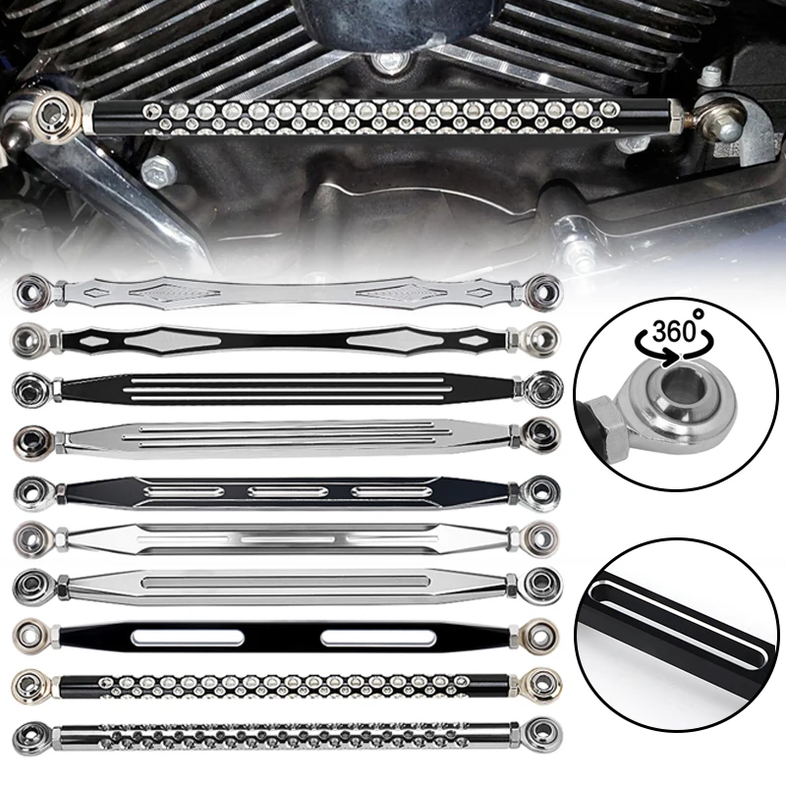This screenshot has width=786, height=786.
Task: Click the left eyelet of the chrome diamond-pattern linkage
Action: (28, 292)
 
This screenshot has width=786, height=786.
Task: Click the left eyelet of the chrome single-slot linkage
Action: (28, 583)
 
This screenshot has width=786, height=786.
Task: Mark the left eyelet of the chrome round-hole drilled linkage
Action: (28, 733)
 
